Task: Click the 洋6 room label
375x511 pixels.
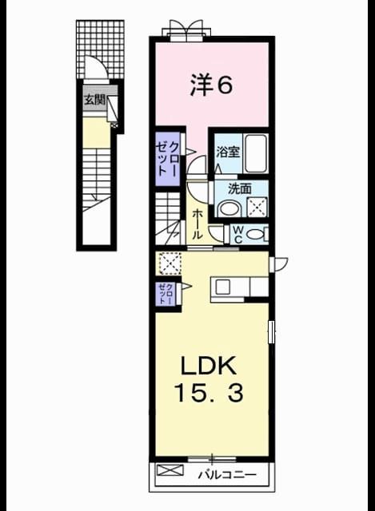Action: coord(212,85)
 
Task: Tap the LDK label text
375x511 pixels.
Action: coord(208,366)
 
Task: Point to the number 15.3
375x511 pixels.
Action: coord(209,393)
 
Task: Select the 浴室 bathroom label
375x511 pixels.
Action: coord(228,153)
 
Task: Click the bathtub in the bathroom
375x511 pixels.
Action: coord(256,153)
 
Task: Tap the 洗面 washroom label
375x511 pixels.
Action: coord(240,188)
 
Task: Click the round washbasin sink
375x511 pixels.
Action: coord(229,208)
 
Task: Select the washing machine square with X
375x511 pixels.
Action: coord(257,208)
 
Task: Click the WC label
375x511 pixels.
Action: coord(238,234)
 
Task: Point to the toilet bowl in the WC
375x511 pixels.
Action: coord(256,234)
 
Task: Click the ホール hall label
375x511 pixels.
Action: coord(197,224)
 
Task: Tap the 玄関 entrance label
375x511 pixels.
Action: coord(95,100)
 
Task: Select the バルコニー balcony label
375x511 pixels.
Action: coord(228,474)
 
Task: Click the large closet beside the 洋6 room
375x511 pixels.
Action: coord(168,159)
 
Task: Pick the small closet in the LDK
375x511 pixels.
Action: coord(166,294)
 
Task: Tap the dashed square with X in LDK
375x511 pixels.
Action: coord(170,263)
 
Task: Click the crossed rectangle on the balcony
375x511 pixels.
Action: coord(170,470)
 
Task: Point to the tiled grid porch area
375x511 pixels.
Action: coord(101,50)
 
